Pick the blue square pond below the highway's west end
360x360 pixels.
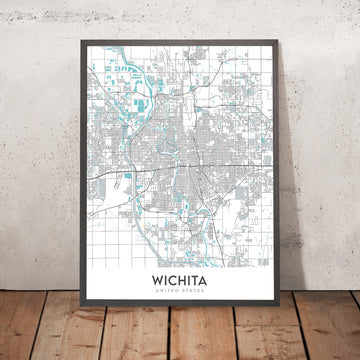click(x=128, y=177)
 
